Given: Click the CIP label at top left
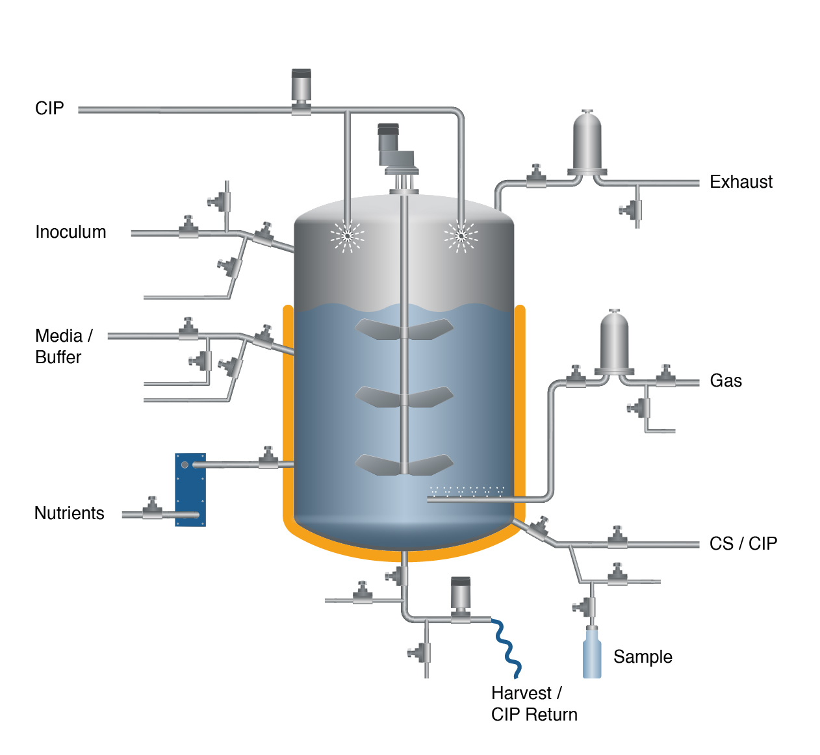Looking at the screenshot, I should [49, 109].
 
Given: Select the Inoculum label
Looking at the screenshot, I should [70, 232].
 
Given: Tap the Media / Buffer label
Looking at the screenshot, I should [63, 346].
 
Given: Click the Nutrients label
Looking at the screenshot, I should [69, 513].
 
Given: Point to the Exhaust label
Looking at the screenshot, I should [741, 182].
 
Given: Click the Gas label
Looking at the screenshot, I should [726, 381].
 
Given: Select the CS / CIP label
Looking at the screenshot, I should [743, 543].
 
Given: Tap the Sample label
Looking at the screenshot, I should [642, 657].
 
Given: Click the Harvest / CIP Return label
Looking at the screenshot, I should [533, 704].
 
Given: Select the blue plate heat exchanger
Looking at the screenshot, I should [190, 489].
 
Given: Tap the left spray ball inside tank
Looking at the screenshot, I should [348, 236].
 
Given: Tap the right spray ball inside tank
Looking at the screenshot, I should [461, 236].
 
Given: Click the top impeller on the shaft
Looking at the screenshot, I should [404, 329].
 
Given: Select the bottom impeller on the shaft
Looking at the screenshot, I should [404, 464].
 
